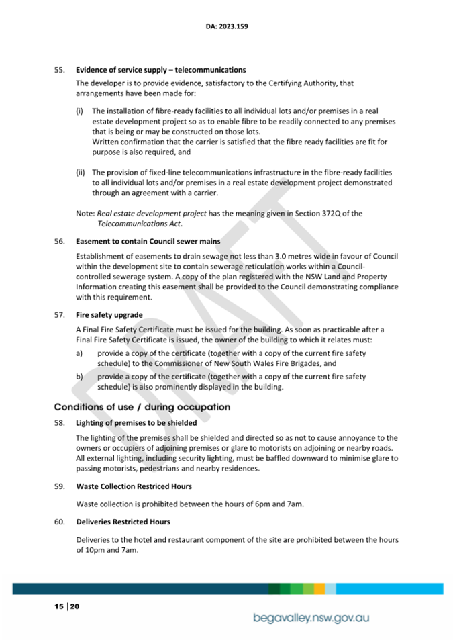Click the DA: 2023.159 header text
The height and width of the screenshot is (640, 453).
click(227, 28)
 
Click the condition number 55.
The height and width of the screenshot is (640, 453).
click(59, 70)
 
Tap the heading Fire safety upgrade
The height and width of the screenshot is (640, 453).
click(109, 314)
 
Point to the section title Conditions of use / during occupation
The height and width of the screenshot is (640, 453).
click(142, 407)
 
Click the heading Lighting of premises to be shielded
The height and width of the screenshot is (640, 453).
click(136, 423)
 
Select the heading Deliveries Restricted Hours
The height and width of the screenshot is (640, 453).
click(123, 522)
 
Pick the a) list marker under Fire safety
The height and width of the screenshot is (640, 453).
click(79, 353)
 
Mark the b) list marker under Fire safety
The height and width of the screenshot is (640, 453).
click(79, 377)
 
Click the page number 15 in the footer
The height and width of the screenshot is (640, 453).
click(59, 606)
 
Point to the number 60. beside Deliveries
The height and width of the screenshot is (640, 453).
click(59, 522)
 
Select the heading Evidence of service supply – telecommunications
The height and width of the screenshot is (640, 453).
click(160, 70)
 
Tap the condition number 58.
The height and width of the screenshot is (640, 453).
click(59, 423)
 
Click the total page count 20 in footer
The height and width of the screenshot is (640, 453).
click(74, 606)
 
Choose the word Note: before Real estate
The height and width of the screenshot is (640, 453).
click(85, 214)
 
